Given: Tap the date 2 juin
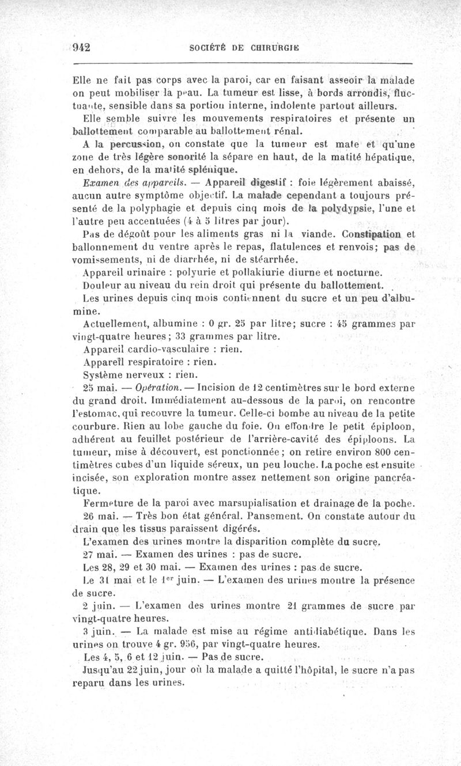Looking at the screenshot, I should (97, 606).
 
